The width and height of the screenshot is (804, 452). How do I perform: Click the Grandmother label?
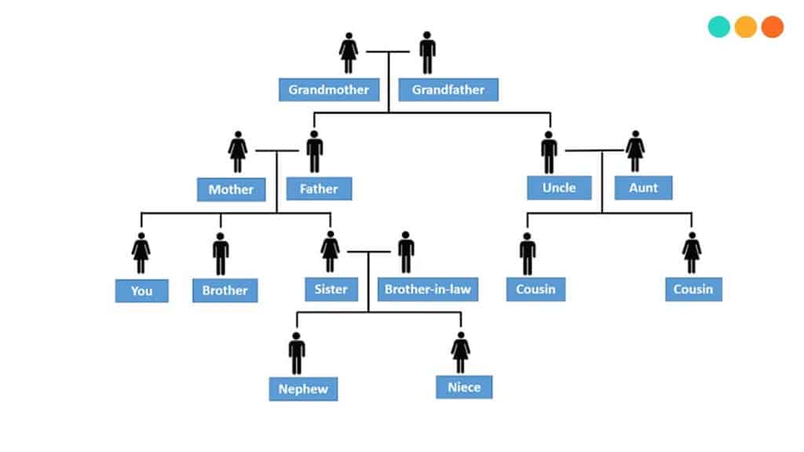pos(329,89)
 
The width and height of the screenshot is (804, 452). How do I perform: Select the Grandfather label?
pos(448,89)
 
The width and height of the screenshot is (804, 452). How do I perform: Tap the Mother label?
pos(231,189)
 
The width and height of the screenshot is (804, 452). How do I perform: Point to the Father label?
pos(319,189)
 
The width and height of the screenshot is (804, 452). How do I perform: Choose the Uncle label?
pos(559,188)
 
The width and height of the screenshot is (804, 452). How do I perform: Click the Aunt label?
pos(643,188)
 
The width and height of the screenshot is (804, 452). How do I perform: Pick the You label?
pos(141,290)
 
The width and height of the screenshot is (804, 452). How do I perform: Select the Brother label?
pos(225,290)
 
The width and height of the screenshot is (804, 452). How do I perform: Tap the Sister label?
pos(331,289)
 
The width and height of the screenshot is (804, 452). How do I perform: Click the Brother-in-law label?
pos(428,289)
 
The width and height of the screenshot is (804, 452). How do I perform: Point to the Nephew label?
pos(303,388)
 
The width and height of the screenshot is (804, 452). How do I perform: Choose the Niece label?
pos(464,387)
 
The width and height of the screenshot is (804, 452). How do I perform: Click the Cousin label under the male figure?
pos(535,289)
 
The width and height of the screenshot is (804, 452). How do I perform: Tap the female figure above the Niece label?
pos(461,353)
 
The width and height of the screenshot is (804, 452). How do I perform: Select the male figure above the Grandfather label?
pos(427,53)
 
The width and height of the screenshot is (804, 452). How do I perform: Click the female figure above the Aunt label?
pos(635,151)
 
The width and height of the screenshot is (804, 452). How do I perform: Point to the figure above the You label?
pos(141,253)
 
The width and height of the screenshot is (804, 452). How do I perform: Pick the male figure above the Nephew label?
pos(297,353)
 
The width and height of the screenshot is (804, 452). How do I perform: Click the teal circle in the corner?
pos(719,27)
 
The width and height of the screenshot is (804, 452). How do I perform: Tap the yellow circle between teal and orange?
pos(746,27)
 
